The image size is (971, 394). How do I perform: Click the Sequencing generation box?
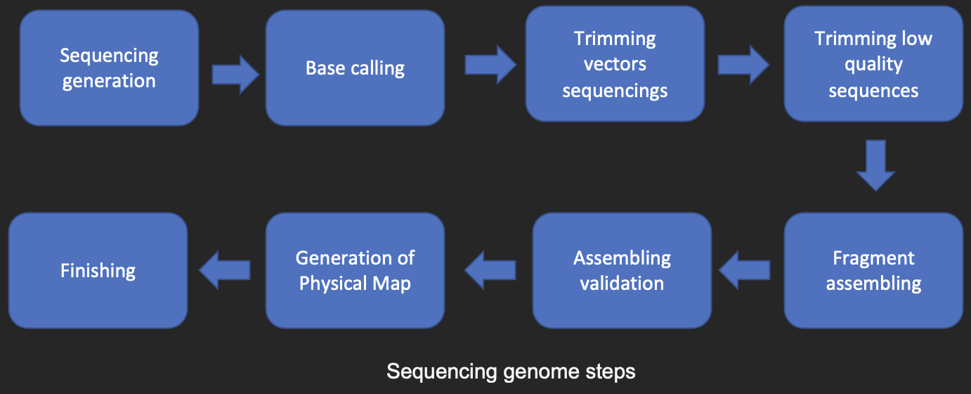pyautogui.click(x=109, y=68)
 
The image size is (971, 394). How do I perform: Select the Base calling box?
pyautogui.click(x=355, y=68)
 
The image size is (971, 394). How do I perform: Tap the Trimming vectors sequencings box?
pyautogui.click(x=615, y=64)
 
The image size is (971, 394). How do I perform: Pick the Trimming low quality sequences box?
pyautogui.click(x=873, y=64)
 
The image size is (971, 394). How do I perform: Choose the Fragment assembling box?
pyautogui.click(x=873, y=270)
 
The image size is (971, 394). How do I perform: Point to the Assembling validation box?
pyautogui.click(x=622, y=270)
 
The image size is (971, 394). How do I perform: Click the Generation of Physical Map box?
pyautogui.click(x=355, y=270)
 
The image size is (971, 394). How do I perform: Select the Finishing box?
pyautogui.click(x=98, y=270)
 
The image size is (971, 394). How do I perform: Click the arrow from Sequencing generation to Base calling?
pyautogui.click(x=235, y=75)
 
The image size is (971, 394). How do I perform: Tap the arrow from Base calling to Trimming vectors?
pyautogui.click(x=490, y=65)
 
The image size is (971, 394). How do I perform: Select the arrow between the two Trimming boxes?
pyautogui.click(x=743, y=65)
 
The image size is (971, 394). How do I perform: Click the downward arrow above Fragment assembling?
pyautogui.click(x=875, y=165)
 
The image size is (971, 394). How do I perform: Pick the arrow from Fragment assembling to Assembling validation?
pyautogui.click(x=744, y=270)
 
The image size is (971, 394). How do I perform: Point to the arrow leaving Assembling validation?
pyautogui.click(x=490, y=270)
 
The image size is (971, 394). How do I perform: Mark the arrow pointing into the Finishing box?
pyautogui.click(x=225, y=270)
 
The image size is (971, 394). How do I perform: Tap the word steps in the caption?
pyautogui.click(x=611, y=372)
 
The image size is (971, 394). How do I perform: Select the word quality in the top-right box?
pyautogui.click(x=873, y=65)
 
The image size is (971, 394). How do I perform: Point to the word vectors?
pyautogui.click(x=615, y=65)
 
